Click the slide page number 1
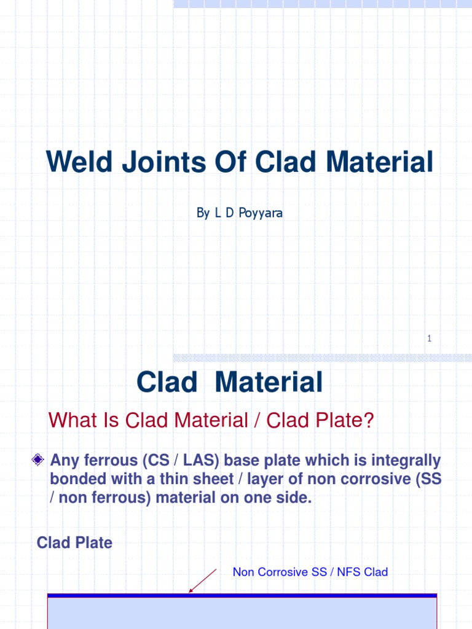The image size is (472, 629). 429,338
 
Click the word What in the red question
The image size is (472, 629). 72,421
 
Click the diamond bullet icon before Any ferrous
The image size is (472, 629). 38,460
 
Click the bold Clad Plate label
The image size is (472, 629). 74,543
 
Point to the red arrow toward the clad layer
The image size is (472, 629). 203,580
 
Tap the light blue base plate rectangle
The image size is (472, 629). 242,613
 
